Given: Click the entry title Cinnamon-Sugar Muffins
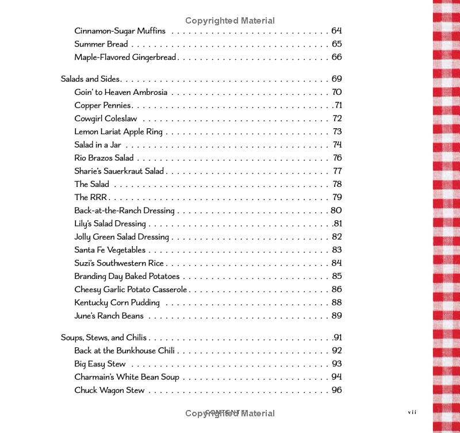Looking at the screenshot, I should tap(120, 30).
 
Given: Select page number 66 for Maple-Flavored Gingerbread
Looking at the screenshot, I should tap(336, 57).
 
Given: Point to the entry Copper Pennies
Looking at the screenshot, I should tap(102, 105).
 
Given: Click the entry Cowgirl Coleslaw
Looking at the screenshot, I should tap(106, 118).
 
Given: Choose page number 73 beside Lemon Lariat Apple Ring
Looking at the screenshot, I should tap(337, 132).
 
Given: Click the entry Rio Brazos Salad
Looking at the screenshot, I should tap(103, 158).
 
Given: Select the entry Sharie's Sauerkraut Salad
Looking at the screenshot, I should tap(119, 171).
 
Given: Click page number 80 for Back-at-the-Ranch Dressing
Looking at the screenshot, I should tap(336, 210).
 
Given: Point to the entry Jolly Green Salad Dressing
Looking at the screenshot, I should tap(121, 237).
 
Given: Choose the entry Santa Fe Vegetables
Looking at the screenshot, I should tap(110, 250).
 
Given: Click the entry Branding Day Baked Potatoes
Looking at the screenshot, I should tap(126, 277).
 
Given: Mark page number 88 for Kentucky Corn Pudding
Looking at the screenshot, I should tap(336, 302).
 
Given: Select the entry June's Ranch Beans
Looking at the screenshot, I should tap(109, 316).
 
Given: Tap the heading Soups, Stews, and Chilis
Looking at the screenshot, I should tap(103, 338).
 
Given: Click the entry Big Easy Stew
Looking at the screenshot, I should tap(99, 364).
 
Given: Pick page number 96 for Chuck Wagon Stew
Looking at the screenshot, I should tap(336, 390).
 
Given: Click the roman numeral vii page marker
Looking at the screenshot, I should tap(412, 412).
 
